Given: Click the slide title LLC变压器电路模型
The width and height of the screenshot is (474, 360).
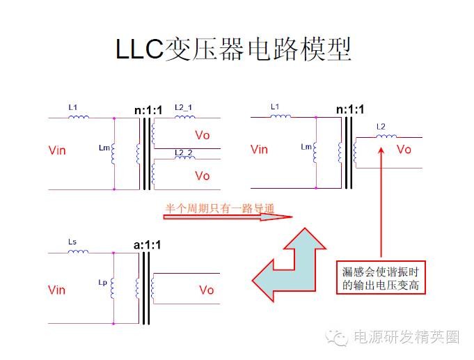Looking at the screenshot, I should pyautogui.click(x=233, y=49).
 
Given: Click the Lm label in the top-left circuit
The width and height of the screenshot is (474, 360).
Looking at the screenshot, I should pyautogui.click(x=104, y=148).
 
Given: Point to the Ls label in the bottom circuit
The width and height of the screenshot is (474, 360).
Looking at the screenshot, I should pyautogui.click(x=72, y=241).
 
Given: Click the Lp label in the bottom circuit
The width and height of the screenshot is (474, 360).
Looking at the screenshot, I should pyautogui.click(x=103, y=283).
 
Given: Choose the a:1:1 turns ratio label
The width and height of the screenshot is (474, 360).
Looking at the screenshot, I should pyautogui.click(x=147, y=245).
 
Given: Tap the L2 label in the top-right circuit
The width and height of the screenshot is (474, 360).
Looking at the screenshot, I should pyautogui.click(x=380, y=127).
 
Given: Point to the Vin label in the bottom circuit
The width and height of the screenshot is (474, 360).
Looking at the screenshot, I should pyautogui.click(x=57, y=290).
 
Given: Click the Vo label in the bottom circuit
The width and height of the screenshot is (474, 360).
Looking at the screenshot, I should pyautogui.click(x=207, y=290).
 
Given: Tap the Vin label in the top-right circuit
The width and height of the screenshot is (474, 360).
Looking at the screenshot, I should pyautogui.click(x=259, y=149).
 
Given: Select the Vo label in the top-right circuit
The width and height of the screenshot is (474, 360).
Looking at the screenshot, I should pyautogui.click(x=404, y=149).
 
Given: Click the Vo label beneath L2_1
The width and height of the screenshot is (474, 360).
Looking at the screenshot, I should pyautogui.click(x=203, y=134).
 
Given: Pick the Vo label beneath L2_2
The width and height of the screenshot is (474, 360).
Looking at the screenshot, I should pyautogui.click(x=203, y=175).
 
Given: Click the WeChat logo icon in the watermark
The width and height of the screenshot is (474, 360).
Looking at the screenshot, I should pyautogui.click(x=340, y=337).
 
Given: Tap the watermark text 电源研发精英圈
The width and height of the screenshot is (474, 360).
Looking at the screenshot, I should pyautogui.click(x=406, y=338).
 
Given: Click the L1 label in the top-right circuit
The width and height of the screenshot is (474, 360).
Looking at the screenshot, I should pyautogui.click(x=274, y=107).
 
